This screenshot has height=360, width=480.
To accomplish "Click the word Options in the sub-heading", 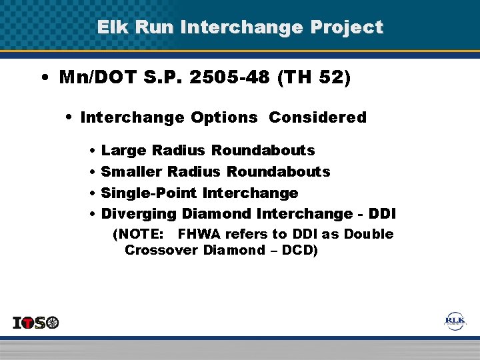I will pyautogui.click(x=223, y=118).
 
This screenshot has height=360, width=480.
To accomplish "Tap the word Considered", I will pyautogui.click(x=317, y=118).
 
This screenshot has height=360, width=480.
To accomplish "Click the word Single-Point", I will pyautogui.click(x=149, y=193).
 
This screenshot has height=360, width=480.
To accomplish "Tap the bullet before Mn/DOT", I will pyautogui.click(x=43, y=78).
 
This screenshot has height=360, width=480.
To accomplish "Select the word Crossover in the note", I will pyautogui.click(x=160, y=251).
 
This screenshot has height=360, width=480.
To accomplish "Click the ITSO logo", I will pyautogui.click(x=36, y=323).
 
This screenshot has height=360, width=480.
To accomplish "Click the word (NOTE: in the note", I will pyautogui.click(x=137, y=235).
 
